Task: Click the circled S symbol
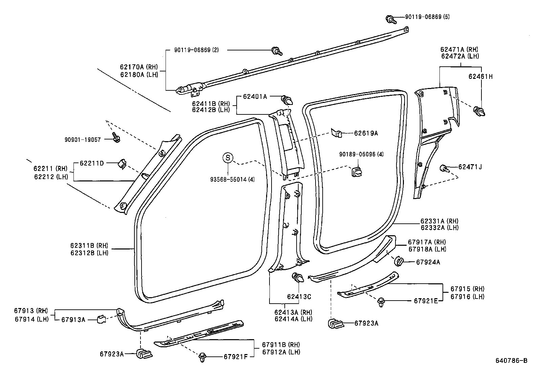tap(228, 158)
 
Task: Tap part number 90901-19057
tap(83, 140)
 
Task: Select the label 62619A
tap(366, 133)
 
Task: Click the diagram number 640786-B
tap(511, 360)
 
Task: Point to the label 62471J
tap(470, 167)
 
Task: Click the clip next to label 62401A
tap(287, 100)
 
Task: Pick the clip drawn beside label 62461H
tap(479, 111)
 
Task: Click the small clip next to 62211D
tap(122, 164)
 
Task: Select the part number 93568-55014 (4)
tap(233, 179)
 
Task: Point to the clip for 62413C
tap(298, 278)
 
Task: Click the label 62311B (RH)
tap(89, 246)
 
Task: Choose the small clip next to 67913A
tap(102, 319)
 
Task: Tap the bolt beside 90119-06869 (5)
tap(391, 19)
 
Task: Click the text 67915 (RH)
tap(468, 289)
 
